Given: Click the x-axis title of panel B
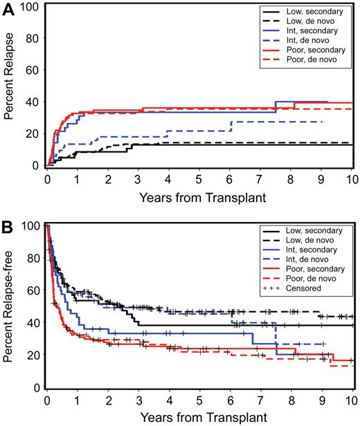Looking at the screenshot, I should point(199,417).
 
